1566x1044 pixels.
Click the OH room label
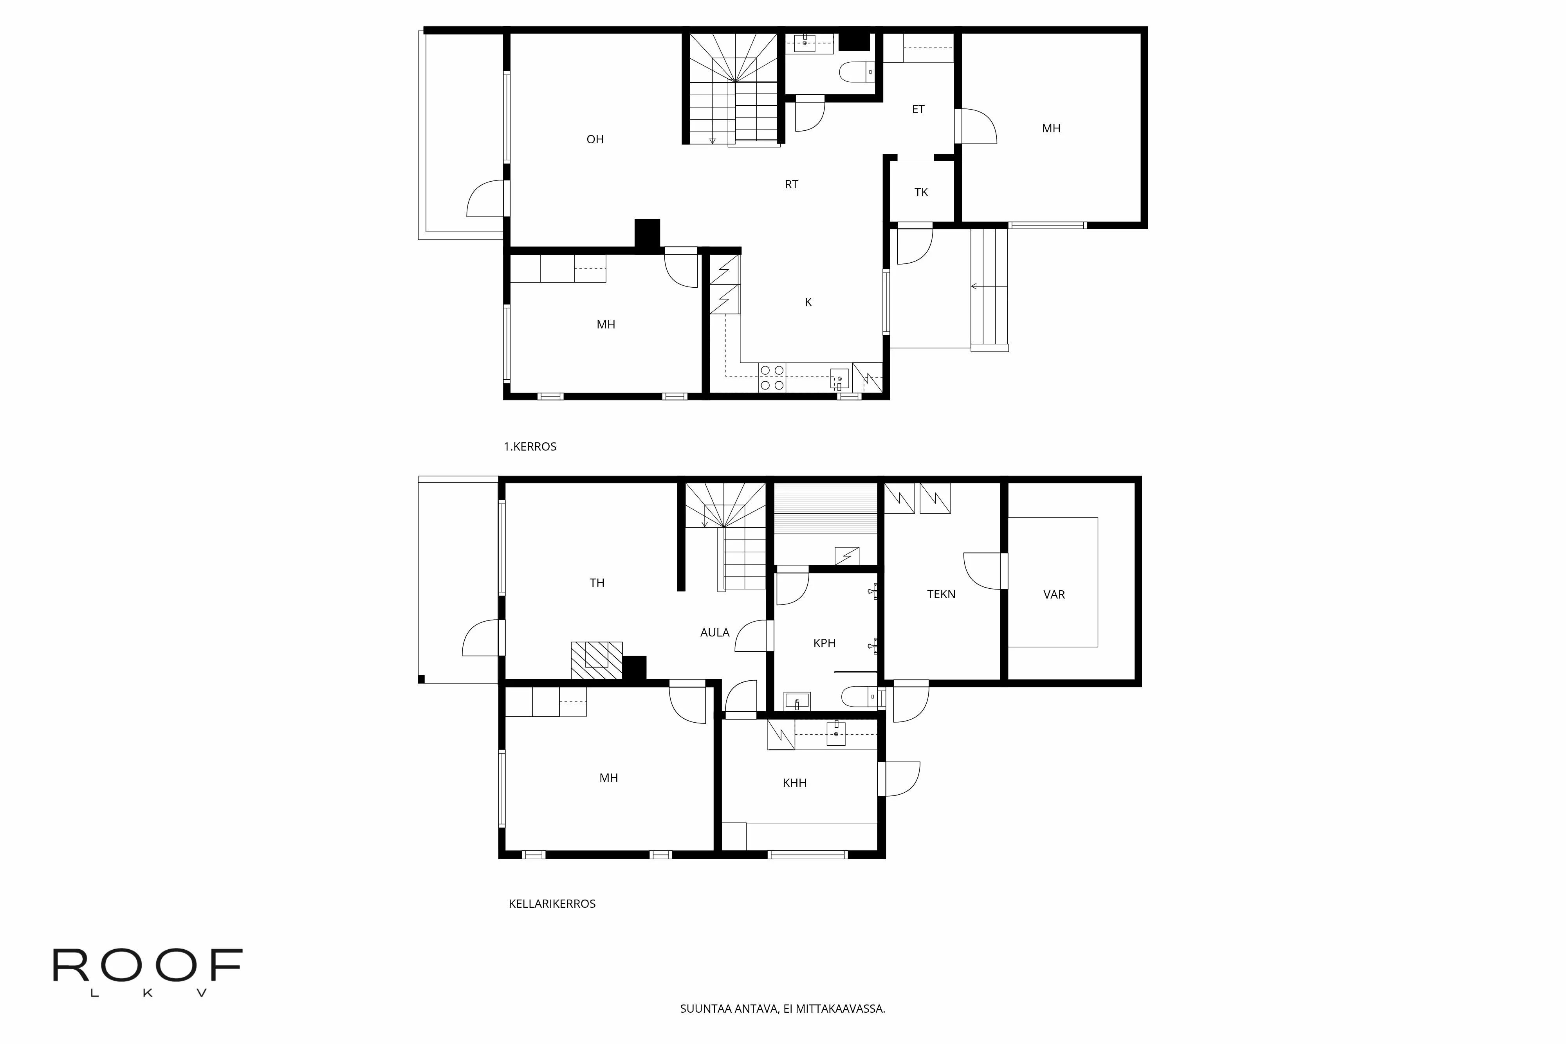coord(595,139)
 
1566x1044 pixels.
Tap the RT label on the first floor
coord(791,184)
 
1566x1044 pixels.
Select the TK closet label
coord(921,193)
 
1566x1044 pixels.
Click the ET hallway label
coord(918,109)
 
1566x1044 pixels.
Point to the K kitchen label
coord(808,302)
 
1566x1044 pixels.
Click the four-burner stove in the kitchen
coord(772,377)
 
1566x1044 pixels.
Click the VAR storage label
coord(1054,595)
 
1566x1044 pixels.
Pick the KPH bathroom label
coord(824,643)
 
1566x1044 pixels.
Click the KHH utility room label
coord(794,783)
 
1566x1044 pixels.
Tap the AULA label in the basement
coord(714,633)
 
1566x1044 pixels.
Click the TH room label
coord(597,582)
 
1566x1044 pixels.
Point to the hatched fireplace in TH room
coord(597,660)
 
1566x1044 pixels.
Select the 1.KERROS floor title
coord(530,447)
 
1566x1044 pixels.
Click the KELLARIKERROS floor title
coord(552,903)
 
